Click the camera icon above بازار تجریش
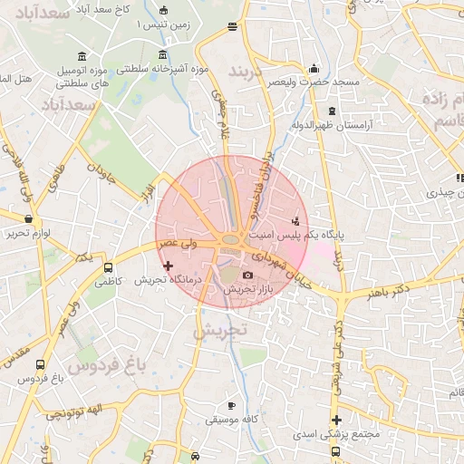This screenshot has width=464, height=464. [x=247, y=275]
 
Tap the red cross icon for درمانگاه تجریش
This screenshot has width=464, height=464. [x=168, y=266]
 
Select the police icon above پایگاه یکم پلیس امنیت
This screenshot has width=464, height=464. [x=295, y=220]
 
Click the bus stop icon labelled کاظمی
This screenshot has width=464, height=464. [x=109, y=268]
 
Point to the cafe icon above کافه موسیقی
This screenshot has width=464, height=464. [x=231, y=405]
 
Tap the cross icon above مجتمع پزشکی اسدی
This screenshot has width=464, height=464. [x=336, y=420]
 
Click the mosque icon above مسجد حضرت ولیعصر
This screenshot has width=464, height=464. [x=314, y=68]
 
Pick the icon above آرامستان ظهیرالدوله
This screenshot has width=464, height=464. [x=332, y=111]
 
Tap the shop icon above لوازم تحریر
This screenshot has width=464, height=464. [x=29, y=218]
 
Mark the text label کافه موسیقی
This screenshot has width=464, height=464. [x=232, y=420]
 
